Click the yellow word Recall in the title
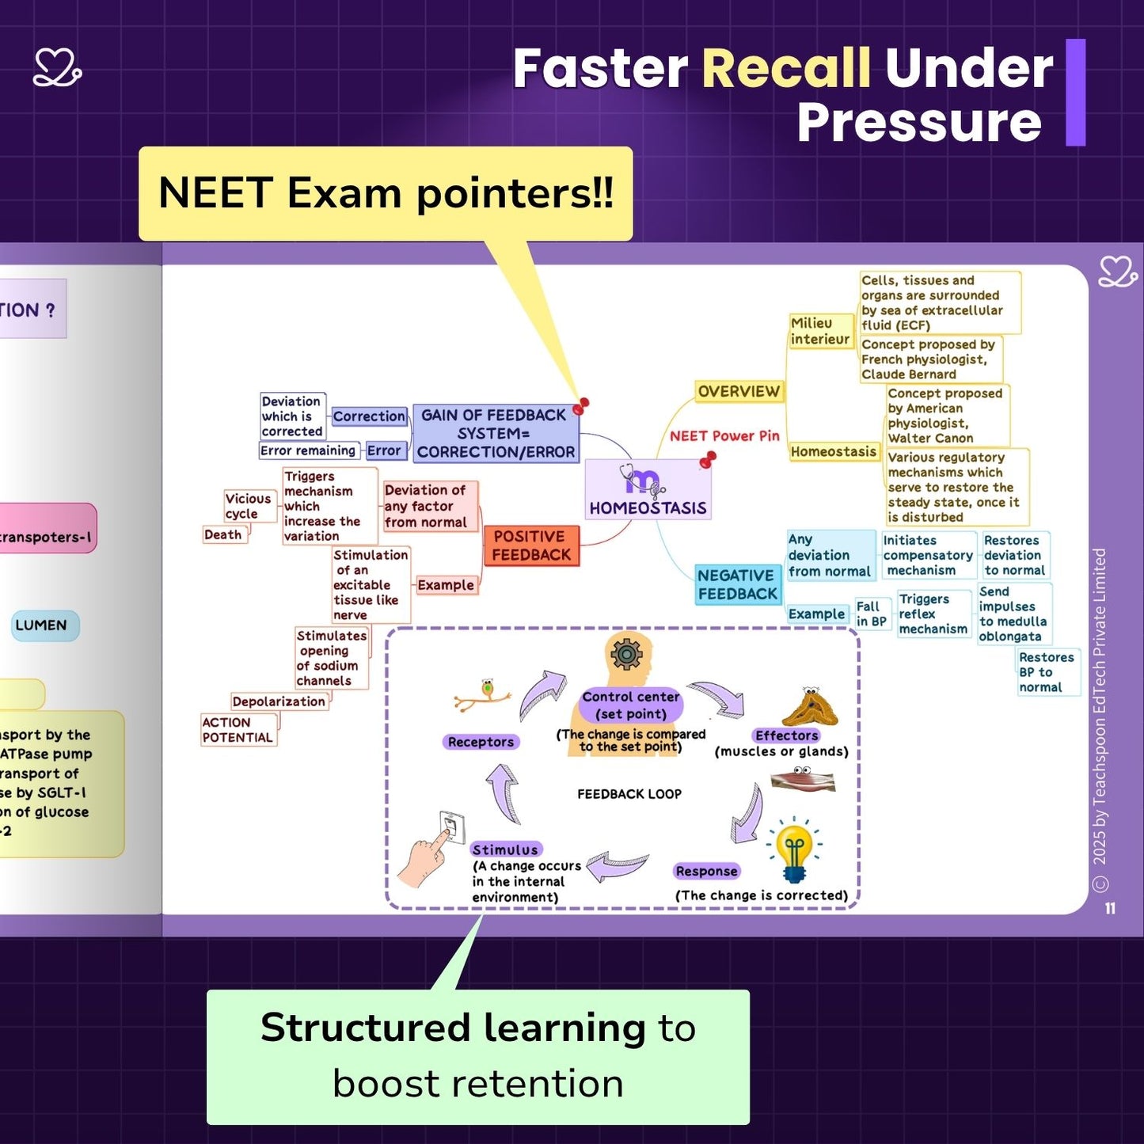pyautogui.click(x=785, y=69)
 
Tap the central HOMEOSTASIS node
pyautogui.click(x=648, y=490)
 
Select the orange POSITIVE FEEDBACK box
pyautogui.click(x=531, y=545)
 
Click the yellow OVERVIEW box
pyautogui.click(x=739, y=391)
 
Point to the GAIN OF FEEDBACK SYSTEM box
pyautogui.click(x=496, y=433)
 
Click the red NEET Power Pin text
pyautogui.click(x=724, y=435)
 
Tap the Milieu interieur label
pyautogui.click(x=819, y=331)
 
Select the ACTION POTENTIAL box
pyautogui.click(x=238, y=729)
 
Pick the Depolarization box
pyautogui.click(x=279, y=701)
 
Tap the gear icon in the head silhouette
pyautogui.click(x=626, y=654)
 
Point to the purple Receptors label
pyautogui.click(x=481, y=742)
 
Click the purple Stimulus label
pyautogui.click(x=505, y=849)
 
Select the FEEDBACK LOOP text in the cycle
pyautogui.click(x=629, y=794)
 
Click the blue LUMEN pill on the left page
pyautogui.click(x=41, y=625)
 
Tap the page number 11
pyautogui.click(x=1110, y=908)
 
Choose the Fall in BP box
pyautogui.click(x=872, y=614)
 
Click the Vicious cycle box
pyautogui.click(x=248, y=506)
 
